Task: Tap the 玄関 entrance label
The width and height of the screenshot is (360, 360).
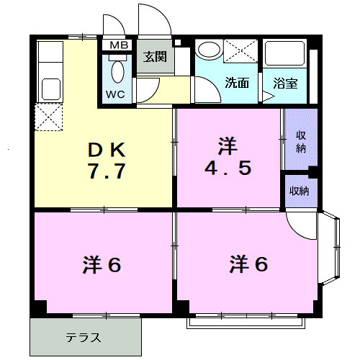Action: coord(154,57)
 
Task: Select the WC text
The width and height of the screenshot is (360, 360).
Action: coord(115,94)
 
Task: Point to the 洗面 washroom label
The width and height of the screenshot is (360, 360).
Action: coord(238,83)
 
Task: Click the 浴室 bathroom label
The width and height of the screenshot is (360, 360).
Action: coord(284,83)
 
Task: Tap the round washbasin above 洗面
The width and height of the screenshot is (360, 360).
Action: coord(210,50)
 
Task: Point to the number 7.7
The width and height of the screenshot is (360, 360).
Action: coord(107,173)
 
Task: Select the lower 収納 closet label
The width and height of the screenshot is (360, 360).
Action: coord(300,190)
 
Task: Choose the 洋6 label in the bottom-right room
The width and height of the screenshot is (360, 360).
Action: coord(248,265)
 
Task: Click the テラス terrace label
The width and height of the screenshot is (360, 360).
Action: coord(84,337)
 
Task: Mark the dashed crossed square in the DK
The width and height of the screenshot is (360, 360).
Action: coord(49,118)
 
